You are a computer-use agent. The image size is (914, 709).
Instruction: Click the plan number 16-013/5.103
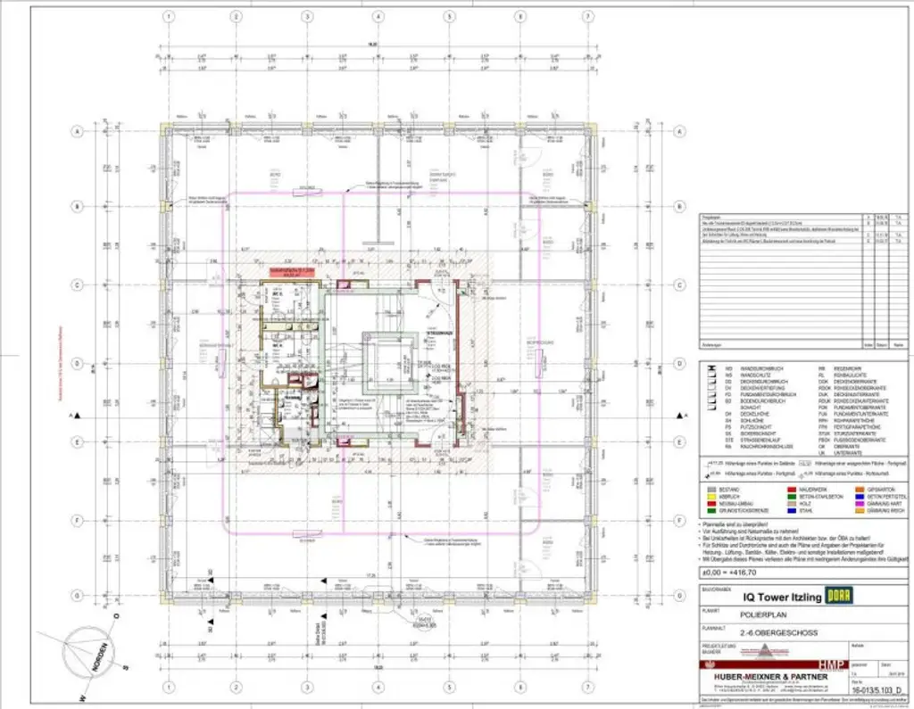[x=877, y=689]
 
